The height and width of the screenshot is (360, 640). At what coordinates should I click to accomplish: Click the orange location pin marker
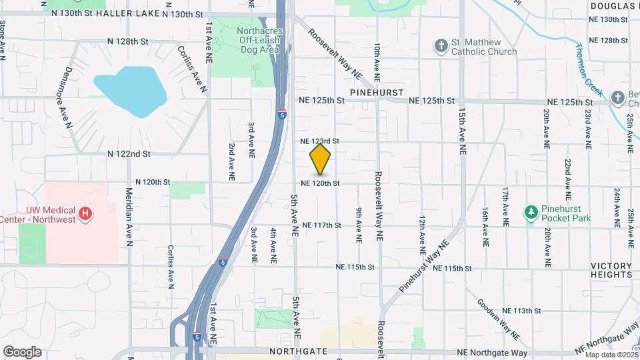click(x=321, y=159)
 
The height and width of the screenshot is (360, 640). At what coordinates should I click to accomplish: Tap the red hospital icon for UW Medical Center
click(x=85, y=213)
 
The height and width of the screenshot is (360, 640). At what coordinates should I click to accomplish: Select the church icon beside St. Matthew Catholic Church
click(x=440, y=46)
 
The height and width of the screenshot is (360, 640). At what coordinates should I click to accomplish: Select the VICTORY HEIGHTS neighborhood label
click(x=611, y=269)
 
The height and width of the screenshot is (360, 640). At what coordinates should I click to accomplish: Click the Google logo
click(x=22, y=351)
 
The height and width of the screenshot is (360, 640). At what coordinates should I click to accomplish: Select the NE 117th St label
click(x=321, y=225)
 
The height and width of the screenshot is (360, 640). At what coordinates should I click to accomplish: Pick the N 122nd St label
click(x=128, y=153)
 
